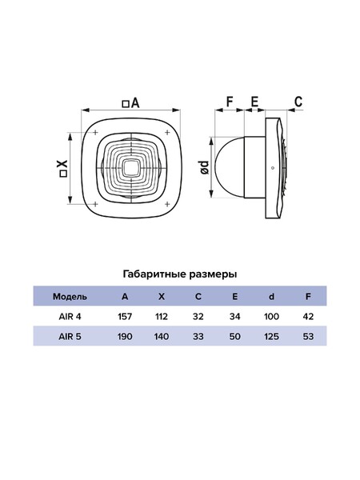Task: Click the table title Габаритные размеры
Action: tap(180, 274)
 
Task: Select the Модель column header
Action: tap(70, 297)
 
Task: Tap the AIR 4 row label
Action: tap(70, 317)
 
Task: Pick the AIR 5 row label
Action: tap(70, 337)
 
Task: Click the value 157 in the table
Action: tap(125, 317)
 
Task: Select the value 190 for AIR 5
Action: tap(125, 337)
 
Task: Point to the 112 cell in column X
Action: tap(162, 317)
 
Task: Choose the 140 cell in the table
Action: tap(162, 337)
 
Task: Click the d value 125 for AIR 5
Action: tap(271, 337)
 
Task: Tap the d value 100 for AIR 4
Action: tap(271, 317)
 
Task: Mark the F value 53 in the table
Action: tap(308, 337)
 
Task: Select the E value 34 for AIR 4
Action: tap(234, 317)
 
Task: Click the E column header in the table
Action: tap(234, 297)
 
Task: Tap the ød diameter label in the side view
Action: tap(205, 167)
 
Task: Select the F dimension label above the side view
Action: tap(230, 102)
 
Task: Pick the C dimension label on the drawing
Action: tap(298, 102)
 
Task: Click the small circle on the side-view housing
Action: tap(272, 168)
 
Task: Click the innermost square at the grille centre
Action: tap(131, 168)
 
